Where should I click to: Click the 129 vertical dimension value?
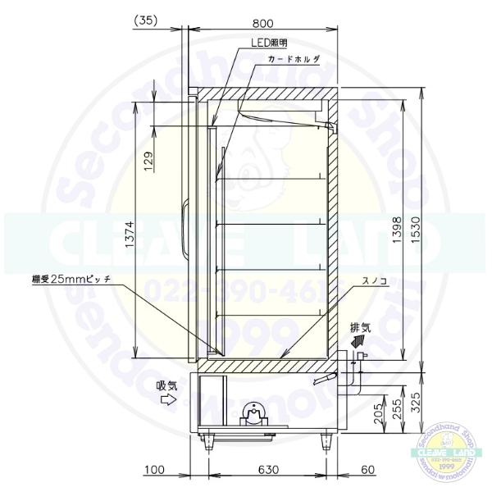point(148,162)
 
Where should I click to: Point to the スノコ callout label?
point(351,280)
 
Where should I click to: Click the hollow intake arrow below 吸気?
point(169,400)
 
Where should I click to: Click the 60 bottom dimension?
point(368,470)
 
